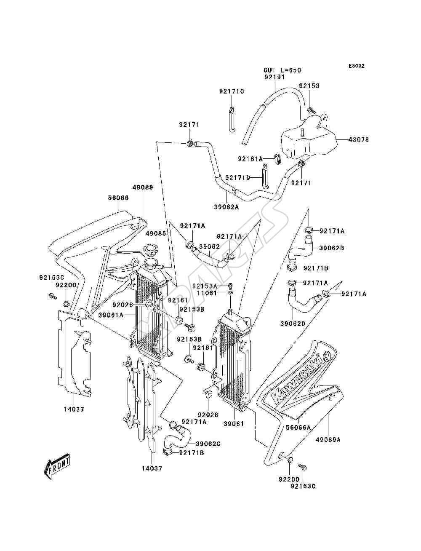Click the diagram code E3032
pos(356,66)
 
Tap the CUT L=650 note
pos(282,70)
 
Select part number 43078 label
pos(359,139)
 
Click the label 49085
pos(155,233)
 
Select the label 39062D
pos(293,324)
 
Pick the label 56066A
pos(298,427)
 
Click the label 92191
pos(274,77)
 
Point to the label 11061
pos(206,293)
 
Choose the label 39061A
pos(111,315)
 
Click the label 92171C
pos(232,91)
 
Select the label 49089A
pos(328,439)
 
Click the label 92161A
pos(250,159)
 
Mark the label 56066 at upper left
pos(118,198)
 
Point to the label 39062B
pos(332,248)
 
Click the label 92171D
pos(237,178)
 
